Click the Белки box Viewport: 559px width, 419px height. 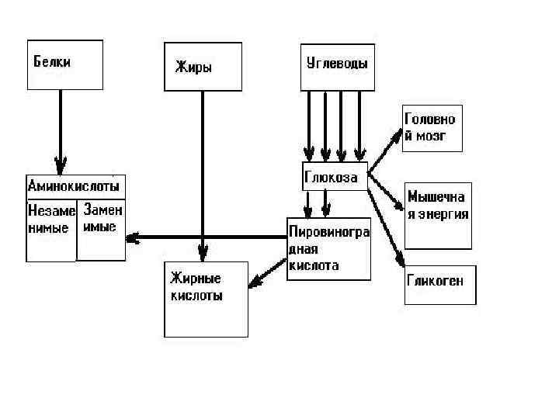(x=65, y=65)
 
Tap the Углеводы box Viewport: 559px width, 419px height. (x=335, y=68)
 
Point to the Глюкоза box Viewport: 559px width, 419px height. (x=334, y=177)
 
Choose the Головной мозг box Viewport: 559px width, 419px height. (x=432, y=129)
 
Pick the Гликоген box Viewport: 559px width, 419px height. (x=439, y=285)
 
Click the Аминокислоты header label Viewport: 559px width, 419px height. (x=75, y=187)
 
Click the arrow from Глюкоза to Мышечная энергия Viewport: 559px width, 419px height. (x=386, y=191)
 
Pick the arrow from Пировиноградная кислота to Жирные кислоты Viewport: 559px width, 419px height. (x=268, y=274)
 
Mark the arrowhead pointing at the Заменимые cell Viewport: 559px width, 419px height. (x=132, y=239)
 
